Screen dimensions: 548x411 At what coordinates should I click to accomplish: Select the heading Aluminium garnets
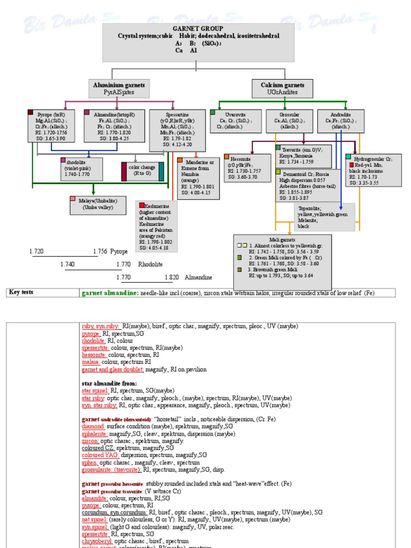[x=118, y=85]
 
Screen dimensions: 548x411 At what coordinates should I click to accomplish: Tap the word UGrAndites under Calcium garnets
[x=282, y=92]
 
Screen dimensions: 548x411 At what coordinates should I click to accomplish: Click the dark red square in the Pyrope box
[x=31, y=113]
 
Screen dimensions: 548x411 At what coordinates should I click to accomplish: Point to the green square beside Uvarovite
[x=213, y=112]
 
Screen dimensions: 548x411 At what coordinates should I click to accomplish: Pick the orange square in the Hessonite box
[x=227, y=157]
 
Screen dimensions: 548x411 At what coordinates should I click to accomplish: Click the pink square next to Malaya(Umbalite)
[x=73, y=199]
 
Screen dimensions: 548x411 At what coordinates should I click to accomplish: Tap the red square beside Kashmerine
[x=141, y=205]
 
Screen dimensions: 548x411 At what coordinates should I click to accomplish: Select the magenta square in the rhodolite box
[x=63, y=160]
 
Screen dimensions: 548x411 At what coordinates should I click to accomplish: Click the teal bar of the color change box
[x=161, y=171]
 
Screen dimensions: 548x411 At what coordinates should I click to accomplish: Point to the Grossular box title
[x=290, y=115]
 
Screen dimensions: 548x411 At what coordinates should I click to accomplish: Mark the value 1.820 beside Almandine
[x=172, y=278]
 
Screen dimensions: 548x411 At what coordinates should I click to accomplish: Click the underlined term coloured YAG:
[x=99, y=455]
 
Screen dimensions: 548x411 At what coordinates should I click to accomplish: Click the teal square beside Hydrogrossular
[x=348, y=156]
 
